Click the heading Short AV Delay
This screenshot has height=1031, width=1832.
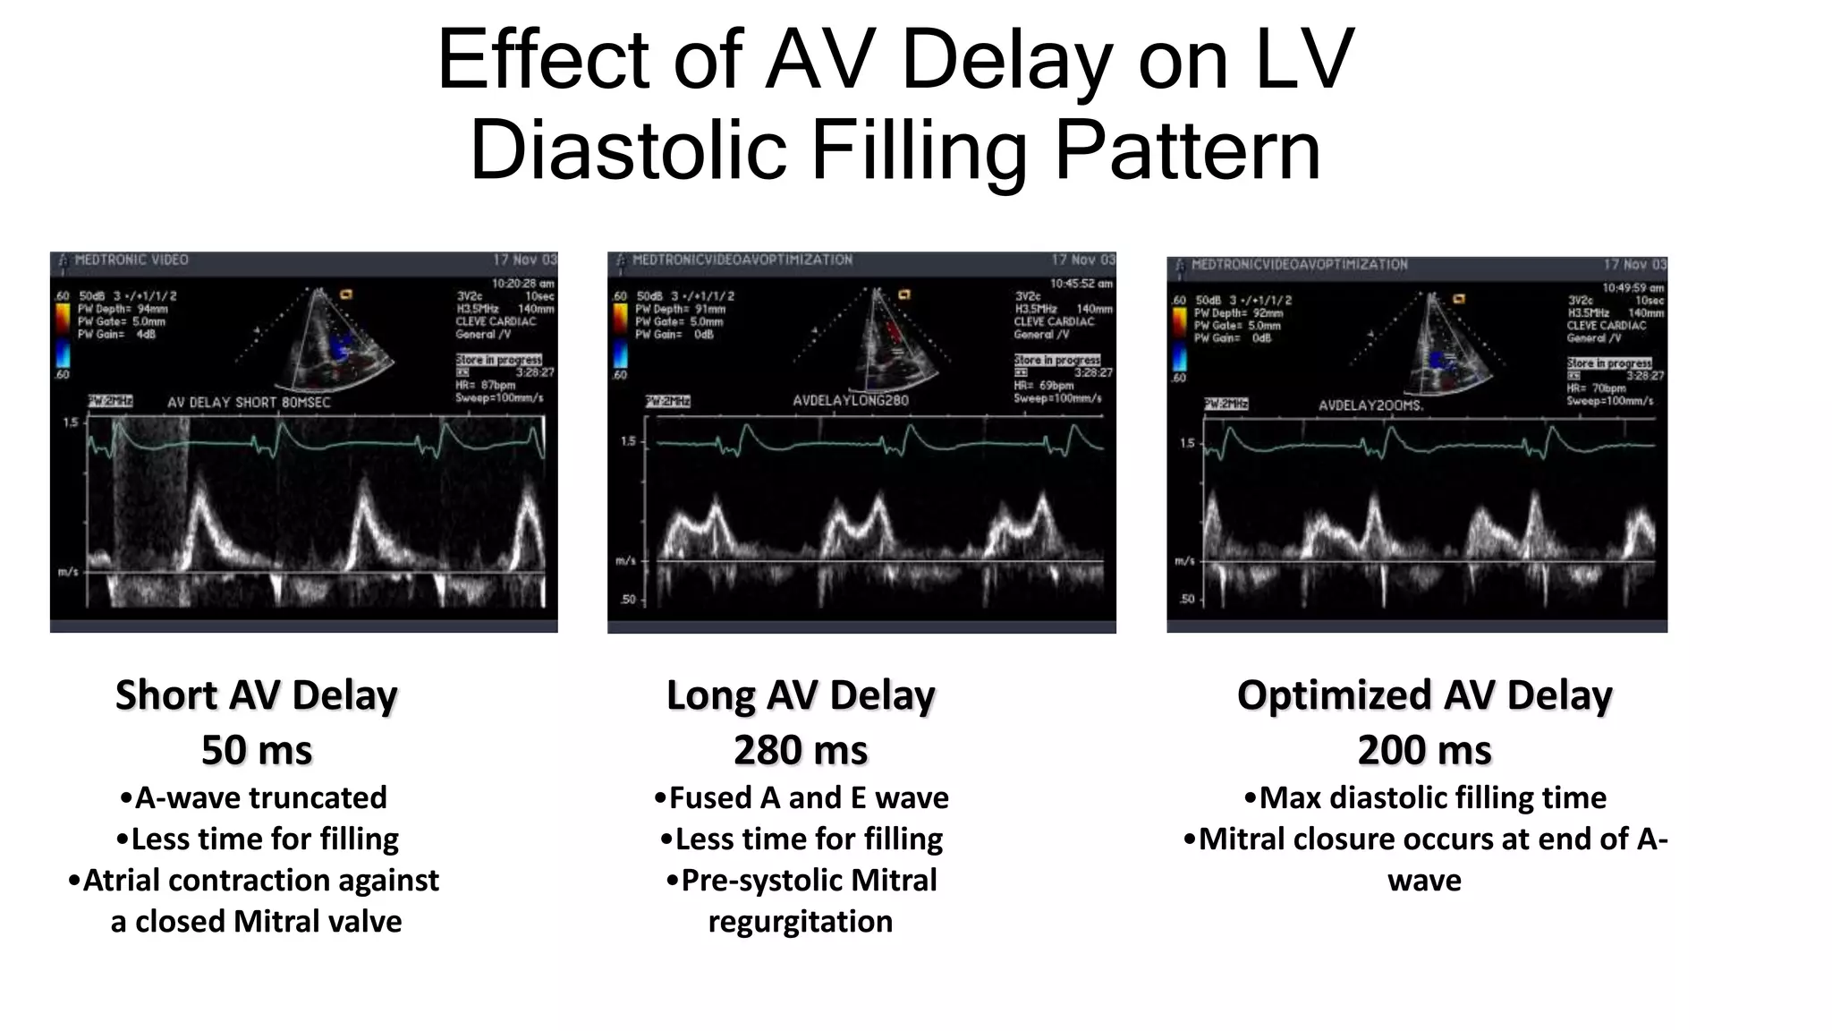coord(257,695)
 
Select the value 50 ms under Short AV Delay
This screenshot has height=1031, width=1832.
coord(257,750)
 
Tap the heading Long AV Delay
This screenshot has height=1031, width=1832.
coord(801,695)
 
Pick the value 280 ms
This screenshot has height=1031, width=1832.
coord(801,750)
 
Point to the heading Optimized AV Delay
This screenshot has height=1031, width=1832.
coord(1424,695)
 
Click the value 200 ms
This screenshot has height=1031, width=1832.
coord(1424,750)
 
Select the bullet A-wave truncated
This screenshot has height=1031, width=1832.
coord(253,797)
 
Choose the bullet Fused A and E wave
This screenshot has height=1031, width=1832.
coord(801,797)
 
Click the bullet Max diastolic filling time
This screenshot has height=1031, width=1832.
coord(1425,797)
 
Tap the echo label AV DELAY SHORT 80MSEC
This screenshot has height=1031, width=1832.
coord(249,403)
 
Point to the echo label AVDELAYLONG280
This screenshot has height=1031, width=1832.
coord(850,400)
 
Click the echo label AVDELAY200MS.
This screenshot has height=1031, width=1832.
coord(1370,405)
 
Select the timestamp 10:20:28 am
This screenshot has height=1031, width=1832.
coord(522,284)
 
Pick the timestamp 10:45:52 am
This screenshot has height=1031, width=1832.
coord(1081,284)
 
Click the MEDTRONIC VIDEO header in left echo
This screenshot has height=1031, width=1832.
coord(131,260)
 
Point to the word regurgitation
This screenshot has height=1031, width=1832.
coord(801,921)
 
